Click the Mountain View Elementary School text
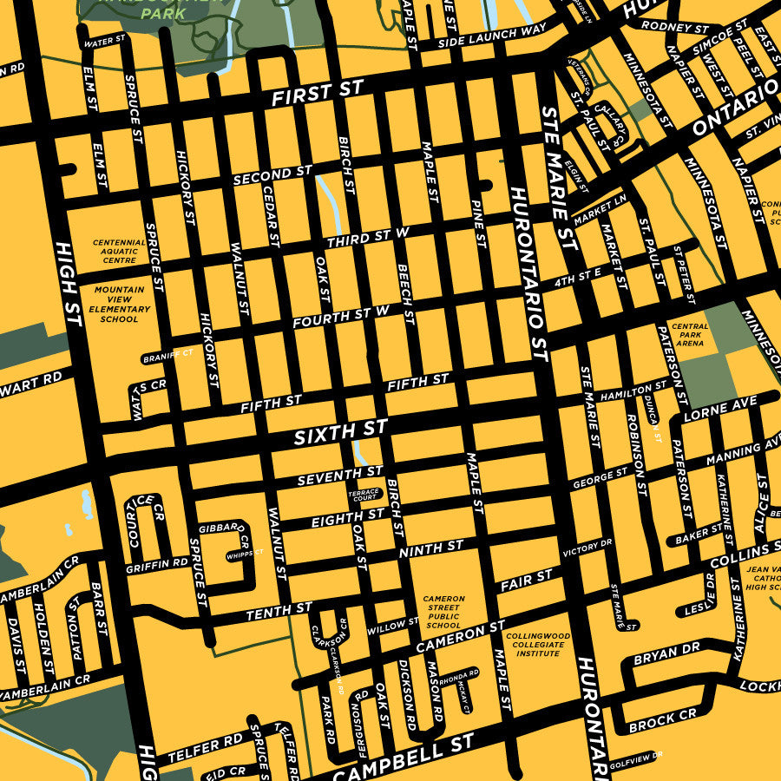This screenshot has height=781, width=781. [120, 305]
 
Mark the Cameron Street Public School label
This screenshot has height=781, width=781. [443, 612]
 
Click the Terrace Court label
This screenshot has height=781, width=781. [364, 496]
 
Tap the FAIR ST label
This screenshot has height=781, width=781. [526, 581]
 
